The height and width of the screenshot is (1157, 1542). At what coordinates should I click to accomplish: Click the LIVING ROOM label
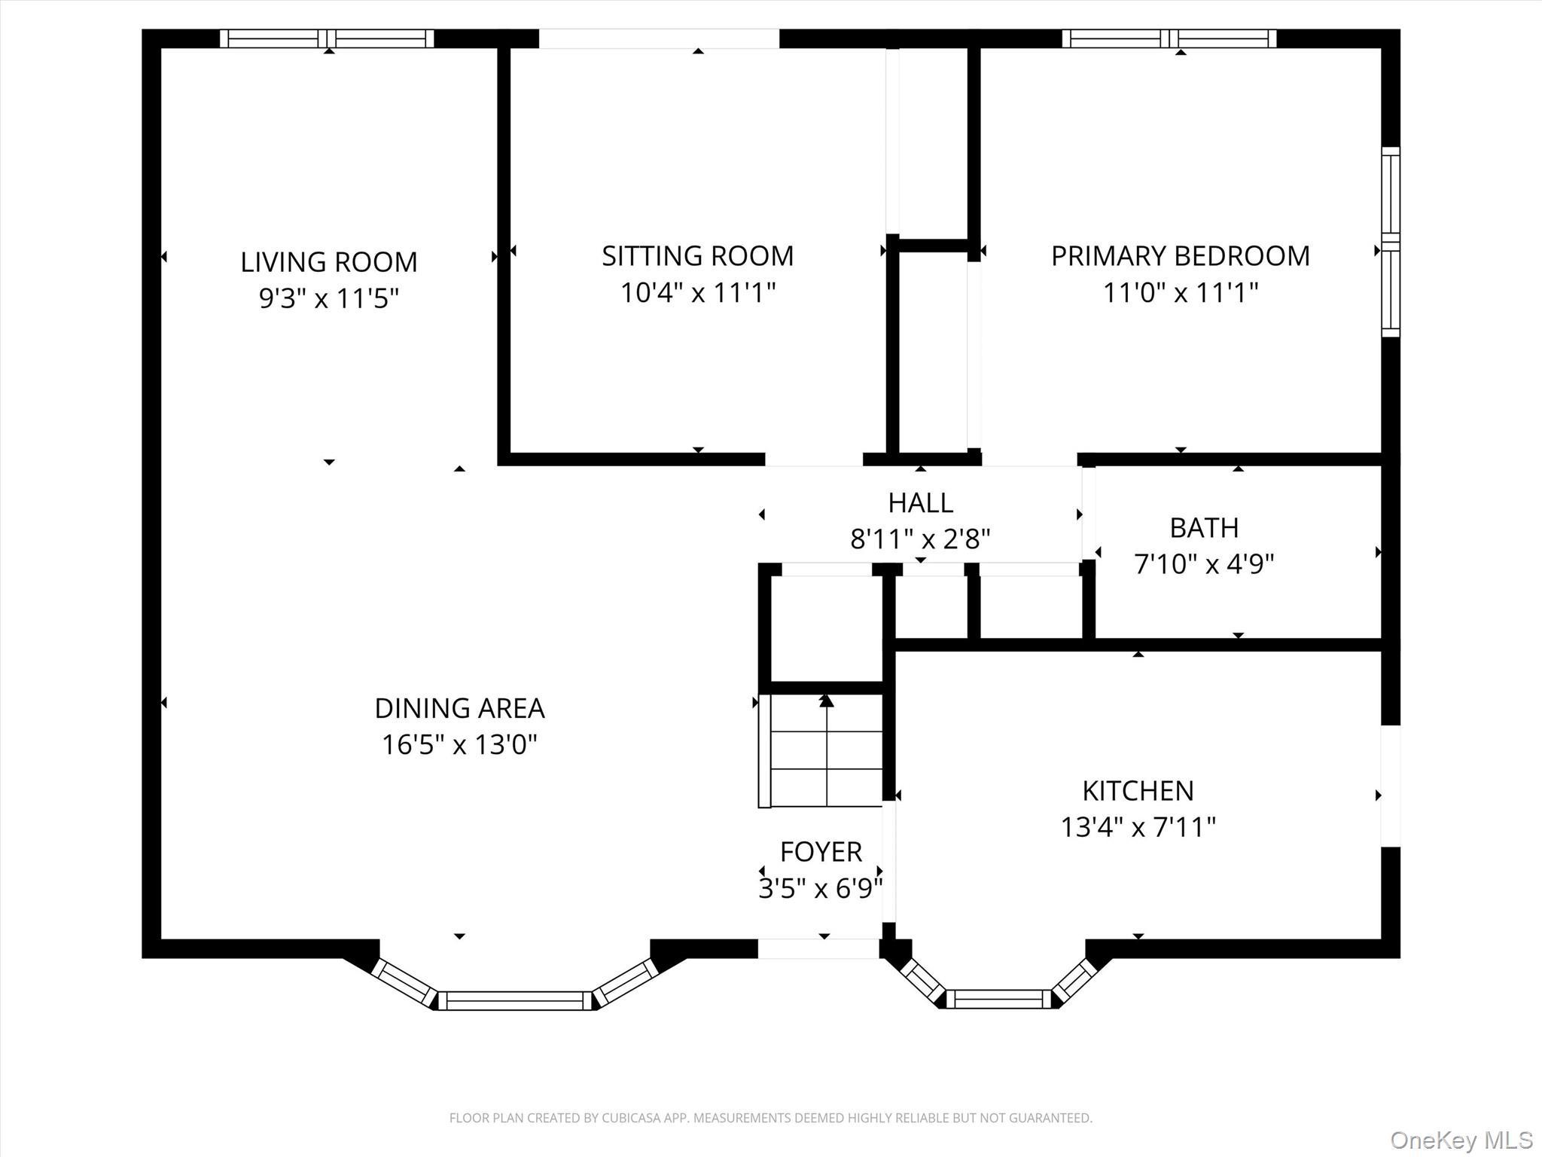coord(328,262)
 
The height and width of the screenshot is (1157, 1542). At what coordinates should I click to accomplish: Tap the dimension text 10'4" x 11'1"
coord(697,292)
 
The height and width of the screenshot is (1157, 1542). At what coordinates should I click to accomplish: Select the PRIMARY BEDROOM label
coord(1180,256)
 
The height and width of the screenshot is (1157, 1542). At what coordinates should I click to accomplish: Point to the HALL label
coord(920,502)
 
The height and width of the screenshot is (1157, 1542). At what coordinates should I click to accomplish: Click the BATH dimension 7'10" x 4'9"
coord(1203,563)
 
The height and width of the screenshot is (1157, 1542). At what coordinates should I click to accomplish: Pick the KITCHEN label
coord(1138,791)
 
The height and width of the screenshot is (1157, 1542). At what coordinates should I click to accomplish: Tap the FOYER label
coord(821,852)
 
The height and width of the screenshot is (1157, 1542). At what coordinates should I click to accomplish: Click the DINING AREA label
coord(459,708)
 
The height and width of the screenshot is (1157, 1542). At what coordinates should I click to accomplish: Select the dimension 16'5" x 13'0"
coord(459,745)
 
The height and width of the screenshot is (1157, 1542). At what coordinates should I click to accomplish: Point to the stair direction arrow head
coord(827,701)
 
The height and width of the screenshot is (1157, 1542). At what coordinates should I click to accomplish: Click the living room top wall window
coord(327,38)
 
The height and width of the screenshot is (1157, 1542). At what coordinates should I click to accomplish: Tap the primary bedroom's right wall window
coord(1390,242)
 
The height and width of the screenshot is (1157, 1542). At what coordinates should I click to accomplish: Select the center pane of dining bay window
coord(516,1000)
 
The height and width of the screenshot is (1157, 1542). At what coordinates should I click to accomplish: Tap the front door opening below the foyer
coord(818,948)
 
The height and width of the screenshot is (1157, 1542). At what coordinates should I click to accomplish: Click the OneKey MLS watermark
coord(1461,1140)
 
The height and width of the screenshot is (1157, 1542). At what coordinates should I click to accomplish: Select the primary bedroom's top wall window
coord(1169,38)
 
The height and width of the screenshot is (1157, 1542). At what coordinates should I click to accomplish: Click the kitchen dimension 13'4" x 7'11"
coord(1138,827)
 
